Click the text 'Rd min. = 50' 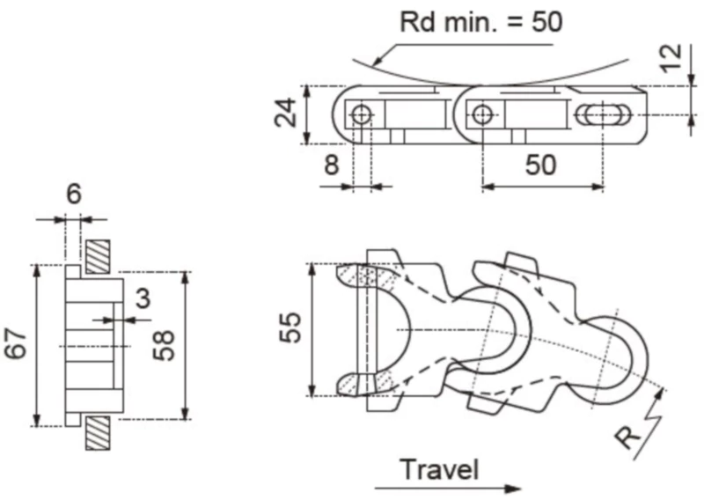pos(480,21)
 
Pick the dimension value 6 pos(74,194)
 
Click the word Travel pos(440,469)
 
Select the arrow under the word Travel pos(448,488)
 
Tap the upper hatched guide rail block pos(97,256)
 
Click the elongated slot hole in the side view pos(603,114)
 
